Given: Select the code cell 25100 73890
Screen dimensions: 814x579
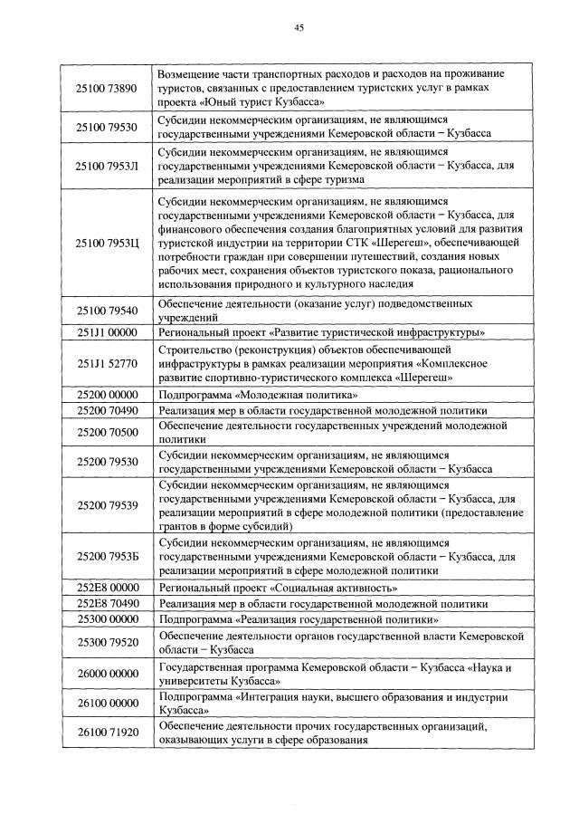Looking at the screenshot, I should pyautogui.click(x=107, y=89).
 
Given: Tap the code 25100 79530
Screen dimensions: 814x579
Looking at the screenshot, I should pyautogui.click(x=107, y=127).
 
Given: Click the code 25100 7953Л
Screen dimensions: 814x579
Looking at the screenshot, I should pyautogui.click(x=107, y=166).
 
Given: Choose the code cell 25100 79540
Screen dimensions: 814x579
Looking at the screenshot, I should pyautogui.click(x=107, y=311).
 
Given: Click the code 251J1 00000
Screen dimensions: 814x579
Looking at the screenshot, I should pyautogui.click(x=107, y=332).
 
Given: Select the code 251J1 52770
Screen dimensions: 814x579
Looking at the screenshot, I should pyautogui.click(x=107, y=363).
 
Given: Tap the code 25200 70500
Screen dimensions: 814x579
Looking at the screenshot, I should pyautogui.click(x=107, y=432).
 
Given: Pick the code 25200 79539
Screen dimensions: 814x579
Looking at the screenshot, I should pyautogui.click(x=107, y=504).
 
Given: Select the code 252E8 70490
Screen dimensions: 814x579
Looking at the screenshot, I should pyautogui.click(x=107, y=603).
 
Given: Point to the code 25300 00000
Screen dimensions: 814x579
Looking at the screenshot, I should pyautogui.click(x=107, y=619).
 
